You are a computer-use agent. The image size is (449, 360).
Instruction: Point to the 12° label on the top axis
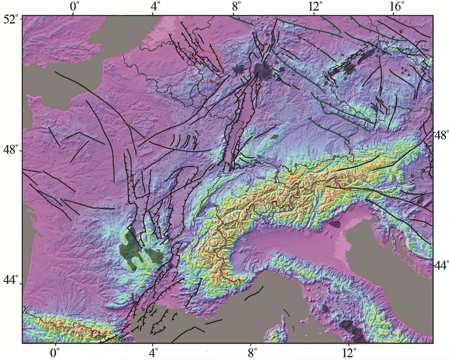pyautogui.click(x=316, y=6)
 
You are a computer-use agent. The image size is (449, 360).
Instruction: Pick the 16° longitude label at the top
pyautogui.click(x=397, y=6)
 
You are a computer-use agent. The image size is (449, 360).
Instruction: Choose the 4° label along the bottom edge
pyautogui.click(x=153, y=351)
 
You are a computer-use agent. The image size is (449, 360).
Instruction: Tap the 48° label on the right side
pyautogui.click(x=442, y=135)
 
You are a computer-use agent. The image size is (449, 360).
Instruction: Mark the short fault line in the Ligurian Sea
pyautogui.click(x=253, y=294)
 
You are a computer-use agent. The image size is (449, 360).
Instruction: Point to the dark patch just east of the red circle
pyautogui.click(x=238, y=69)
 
